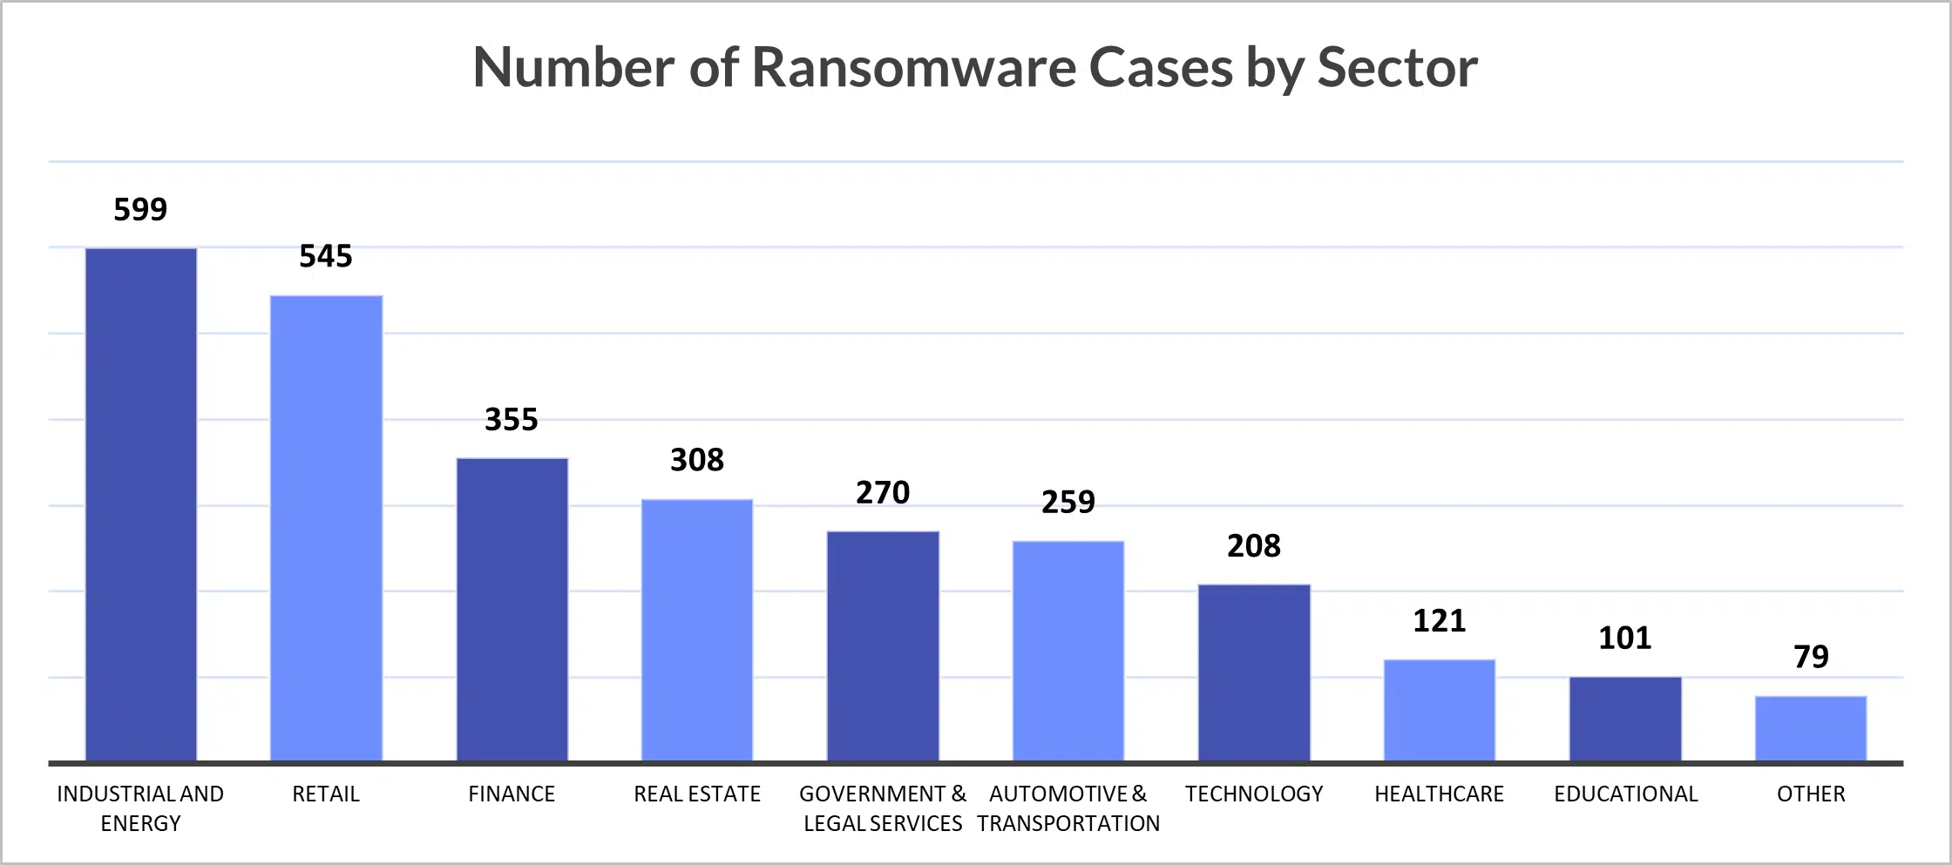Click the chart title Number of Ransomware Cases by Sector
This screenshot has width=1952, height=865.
pyautogui.click(x=975, y=67)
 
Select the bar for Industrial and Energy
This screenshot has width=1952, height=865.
pyautogui.click(x=141, y=505)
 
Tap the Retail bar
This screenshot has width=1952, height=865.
pyautogui.click(x=326, y=529)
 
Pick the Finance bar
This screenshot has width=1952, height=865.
pyautogui.click(x=512, y=610)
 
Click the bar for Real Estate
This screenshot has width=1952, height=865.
pyautogui.click(x=697, y=630)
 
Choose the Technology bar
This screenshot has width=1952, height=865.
pyautogui.click(x=1254, y=673)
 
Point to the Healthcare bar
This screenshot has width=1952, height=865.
pyautogui.click(x=1440, y=710)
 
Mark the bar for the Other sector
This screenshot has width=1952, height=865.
pyautogui.click(x=1811, y=728)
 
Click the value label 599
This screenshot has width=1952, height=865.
pyautogui.click(x=140, y=210)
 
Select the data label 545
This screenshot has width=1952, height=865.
pyautogui.click(x=326, y=256)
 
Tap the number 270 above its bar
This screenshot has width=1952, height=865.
pyautogui.click(x=883, y=493)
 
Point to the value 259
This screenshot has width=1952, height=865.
pyautogui.click(x=1068, y=503)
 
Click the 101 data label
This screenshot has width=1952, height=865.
pyautogui.click(x=1625, y=639)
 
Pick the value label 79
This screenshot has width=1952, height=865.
pyautogui.click(x=1811, y=657)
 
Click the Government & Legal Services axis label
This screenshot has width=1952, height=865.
pyautogui.click(x=883, y=808)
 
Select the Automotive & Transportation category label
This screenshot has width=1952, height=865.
pyautogui.click(x=1068, y=808)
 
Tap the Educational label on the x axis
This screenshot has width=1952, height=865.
pyautogui.click(x=1626, y=794)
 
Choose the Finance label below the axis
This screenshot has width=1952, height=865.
pyautogui.click(x=512, y=794)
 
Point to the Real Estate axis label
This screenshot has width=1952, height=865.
pyautogui.click(x=697, y=794)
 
